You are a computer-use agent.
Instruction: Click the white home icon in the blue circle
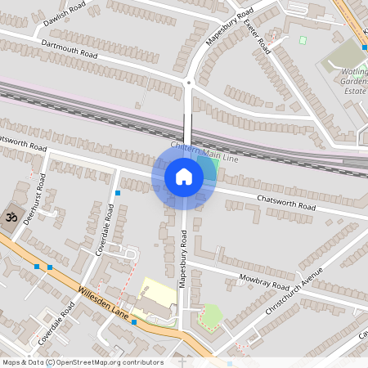[184, 177]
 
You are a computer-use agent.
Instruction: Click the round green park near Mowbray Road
[211, 315]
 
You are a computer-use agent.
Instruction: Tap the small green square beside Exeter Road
[303, 40]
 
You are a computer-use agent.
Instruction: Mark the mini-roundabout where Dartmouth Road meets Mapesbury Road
[188, 82]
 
